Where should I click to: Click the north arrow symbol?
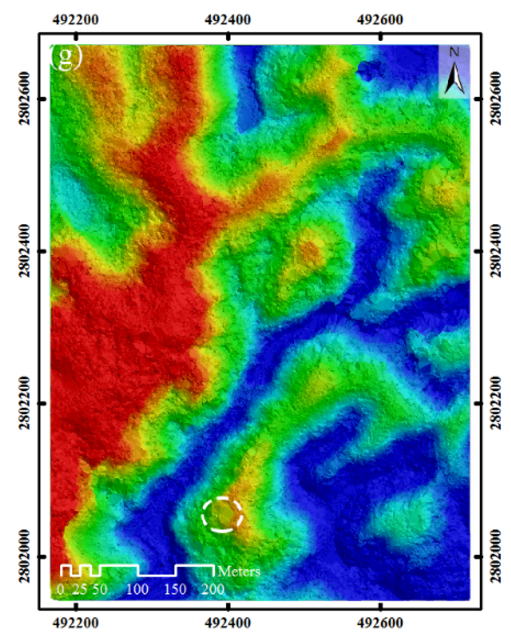click(x=455, y=75)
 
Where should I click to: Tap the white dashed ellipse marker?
click(x=222, y=514)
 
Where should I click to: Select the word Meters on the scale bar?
click(x=239, y=571)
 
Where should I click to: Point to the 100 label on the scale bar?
click(x=137, y=590)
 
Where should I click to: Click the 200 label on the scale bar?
click(x=213, y=590)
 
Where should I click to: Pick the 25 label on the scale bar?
click(x=79, y=590)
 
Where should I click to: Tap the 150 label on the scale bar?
click(x=175, y=590)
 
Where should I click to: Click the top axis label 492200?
click(x=76, y=20)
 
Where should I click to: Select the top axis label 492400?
click(x=228, y=20)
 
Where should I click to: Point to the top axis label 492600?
click(x=381, y=20)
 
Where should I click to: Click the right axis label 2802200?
click(x=496, y=403)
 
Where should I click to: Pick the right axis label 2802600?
click(x=496, y=98)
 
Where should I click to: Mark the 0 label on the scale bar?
click(x=60, y=590)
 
